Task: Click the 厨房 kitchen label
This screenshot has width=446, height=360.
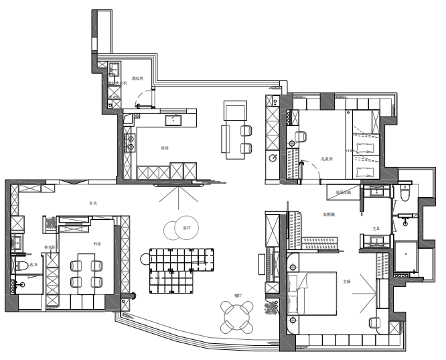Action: pos(164,147)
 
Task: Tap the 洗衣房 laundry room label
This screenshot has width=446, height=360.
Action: pos(138,78)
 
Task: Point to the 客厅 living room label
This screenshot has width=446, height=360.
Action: pos(186,228)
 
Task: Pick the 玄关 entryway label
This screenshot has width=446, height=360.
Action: pos(92,202)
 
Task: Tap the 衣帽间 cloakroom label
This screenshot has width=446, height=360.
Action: pos(328,215)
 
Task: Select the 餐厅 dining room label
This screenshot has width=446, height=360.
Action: pos(238,295)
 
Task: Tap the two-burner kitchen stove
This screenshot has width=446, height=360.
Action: pos(129,141)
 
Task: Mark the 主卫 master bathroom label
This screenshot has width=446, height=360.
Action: pos(376,229)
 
